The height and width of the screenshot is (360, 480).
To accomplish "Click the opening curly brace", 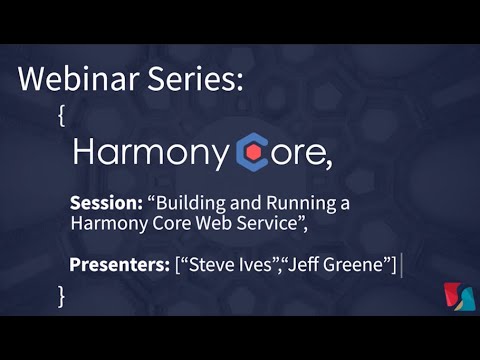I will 62,115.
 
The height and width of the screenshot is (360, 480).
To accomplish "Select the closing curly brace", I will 62,295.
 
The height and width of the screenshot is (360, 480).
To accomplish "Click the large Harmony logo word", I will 151,152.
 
